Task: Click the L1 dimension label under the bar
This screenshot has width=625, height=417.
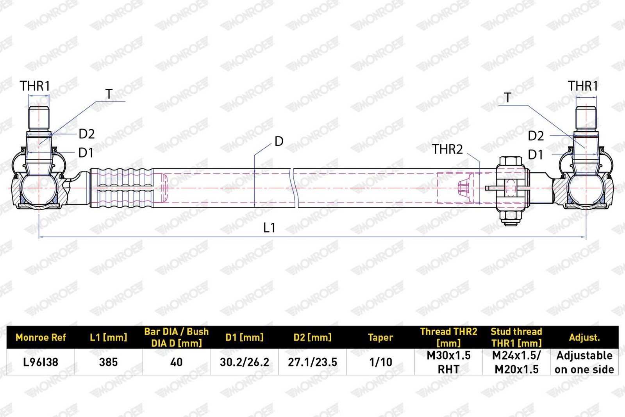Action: click(x=269, y=228)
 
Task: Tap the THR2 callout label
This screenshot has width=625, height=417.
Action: click(x=447, y=149)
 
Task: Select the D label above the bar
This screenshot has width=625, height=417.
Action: click(x=279, y=141)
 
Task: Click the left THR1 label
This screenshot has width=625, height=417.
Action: click(x=35, y=86)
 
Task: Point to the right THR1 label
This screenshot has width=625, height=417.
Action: click(x=583, y=86)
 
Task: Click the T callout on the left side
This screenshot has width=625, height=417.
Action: click(x=109, y=94)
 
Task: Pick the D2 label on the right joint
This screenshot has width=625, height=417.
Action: click(x=536, y=136)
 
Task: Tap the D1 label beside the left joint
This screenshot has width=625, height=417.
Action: click(x=86, y=153)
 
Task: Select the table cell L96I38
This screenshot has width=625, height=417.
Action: click(x=41, y=362)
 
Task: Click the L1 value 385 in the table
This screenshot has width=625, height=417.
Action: click(x=109, y=362)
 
